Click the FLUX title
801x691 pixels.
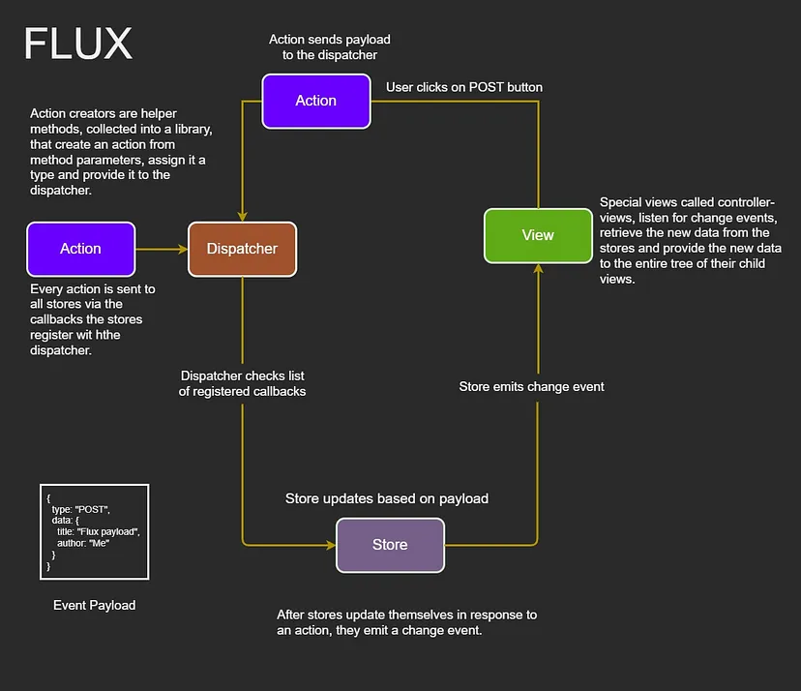pyautogui.click(x=78, y=44)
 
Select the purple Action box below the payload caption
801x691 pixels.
pyautogui.click(x=316, y=101)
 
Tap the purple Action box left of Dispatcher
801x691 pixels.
pyautogui.click(x=80, y=249)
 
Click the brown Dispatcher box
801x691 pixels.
pyautogui.click(x=242, y=249)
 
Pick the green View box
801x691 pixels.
pyautogui.click(x=538, y=235)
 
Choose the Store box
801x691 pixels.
pyautogui.click(x=390, y=545)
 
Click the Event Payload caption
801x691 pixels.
pyautogui.click(x=95, y=605)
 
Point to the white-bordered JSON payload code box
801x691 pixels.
pyautogui.click(x=94, y=531)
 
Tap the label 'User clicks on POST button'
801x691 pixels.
pyautogui.click(x=464, y=87)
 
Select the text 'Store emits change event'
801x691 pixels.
pyautogui.click(x=531, y=386)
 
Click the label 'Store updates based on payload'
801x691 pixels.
pyautogui.click(x=387, y=498)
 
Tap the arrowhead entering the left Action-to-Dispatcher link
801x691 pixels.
pyautogui.click(x=182, y=249)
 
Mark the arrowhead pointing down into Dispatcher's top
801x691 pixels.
pyautogui.click(x=242, y=217)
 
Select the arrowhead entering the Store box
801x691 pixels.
pyautogui.click(x=330, y=545)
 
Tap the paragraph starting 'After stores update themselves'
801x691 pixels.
pyautogui.click(x=406, y=622)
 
